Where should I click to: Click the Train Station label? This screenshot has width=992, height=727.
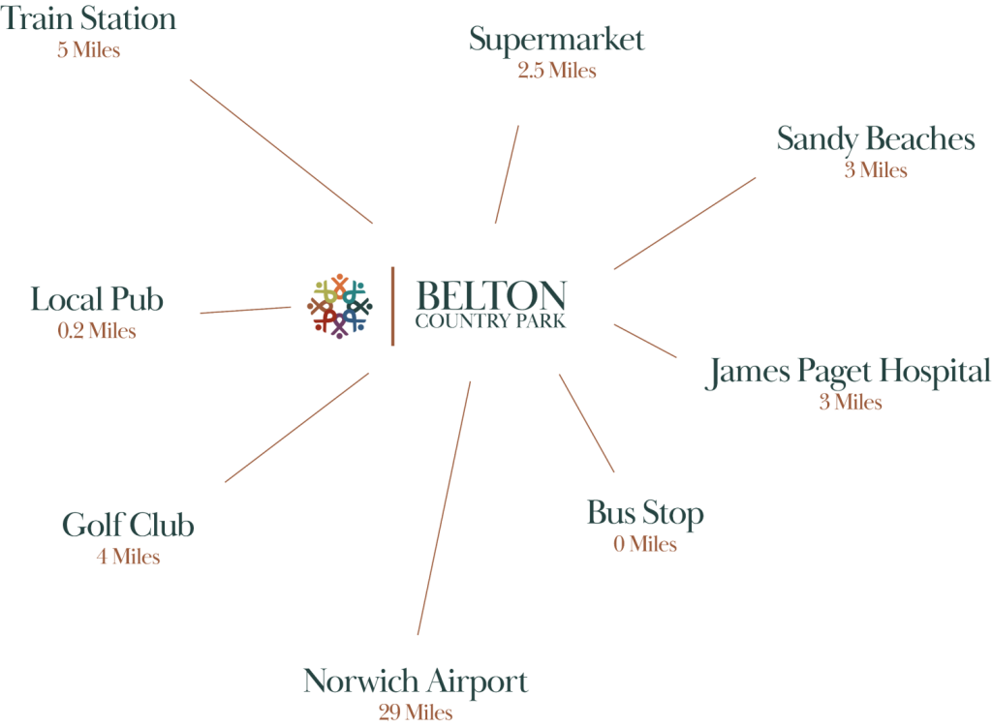click(88, 18)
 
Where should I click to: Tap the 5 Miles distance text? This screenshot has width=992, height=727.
click(88, 50)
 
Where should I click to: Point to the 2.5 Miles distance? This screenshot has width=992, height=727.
click(557, 70)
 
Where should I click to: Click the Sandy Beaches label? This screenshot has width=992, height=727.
click(876, 140)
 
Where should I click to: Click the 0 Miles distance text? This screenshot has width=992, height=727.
click(645, 544)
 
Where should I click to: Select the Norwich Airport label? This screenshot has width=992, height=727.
click(416, 682)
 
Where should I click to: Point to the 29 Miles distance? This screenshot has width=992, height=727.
click(416, 712)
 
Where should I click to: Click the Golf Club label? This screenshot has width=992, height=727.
click(128, 525)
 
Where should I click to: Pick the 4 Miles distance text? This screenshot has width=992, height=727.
click(129, 557)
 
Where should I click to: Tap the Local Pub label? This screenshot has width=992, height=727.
click(97, 299)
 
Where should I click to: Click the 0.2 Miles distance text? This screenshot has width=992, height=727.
click(97, 331)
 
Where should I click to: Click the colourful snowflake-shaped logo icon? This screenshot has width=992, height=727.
click(340, 306)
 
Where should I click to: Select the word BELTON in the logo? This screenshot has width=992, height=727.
click(491, 294)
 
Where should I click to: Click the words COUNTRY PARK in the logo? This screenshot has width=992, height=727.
click(490, 321)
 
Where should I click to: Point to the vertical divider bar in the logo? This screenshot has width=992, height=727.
click(393, 306)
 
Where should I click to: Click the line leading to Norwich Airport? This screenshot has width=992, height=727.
click(444, 507)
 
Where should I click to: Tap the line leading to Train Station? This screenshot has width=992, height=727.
click(282, 152)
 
